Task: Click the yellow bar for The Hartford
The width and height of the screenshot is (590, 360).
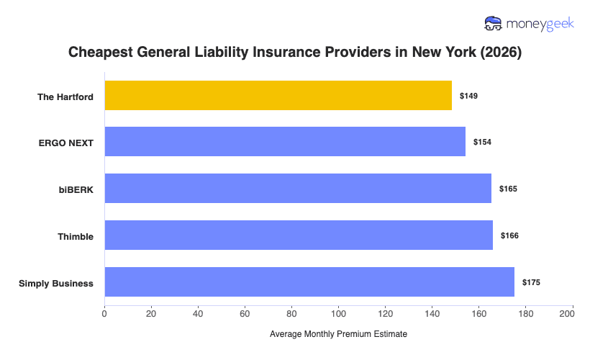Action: click(278, 96)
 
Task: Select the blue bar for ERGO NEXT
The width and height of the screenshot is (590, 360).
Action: click(285, 142)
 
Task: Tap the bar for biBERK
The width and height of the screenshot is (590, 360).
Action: click(298, 189)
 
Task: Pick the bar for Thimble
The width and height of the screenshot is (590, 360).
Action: click(299, 235)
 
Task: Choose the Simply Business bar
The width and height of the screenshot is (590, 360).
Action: click(309, 282)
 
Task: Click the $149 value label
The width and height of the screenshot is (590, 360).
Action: click(469, 96)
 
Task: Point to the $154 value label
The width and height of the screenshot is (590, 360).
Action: click(482, 142)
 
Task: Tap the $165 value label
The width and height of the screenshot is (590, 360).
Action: click(508, 189)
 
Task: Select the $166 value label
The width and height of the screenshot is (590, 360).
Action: click(509, 235)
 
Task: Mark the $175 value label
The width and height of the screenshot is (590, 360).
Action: click(531, 282)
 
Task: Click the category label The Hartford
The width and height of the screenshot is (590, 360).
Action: click(65, 96)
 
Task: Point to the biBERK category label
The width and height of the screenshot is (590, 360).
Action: click(76, 189)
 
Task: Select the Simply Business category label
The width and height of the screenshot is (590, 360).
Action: click(56, 283)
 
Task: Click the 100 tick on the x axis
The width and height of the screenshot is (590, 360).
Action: click(338, 313)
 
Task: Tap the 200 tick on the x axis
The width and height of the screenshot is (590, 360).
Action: click(572, 313)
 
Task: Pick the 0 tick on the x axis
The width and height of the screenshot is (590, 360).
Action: click(105, 313)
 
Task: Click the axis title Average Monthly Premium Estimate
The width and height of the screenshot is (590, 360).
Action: click(338, 334)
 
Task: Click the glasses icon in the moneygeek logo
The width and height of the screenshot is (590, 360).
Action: click(494, 24)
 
